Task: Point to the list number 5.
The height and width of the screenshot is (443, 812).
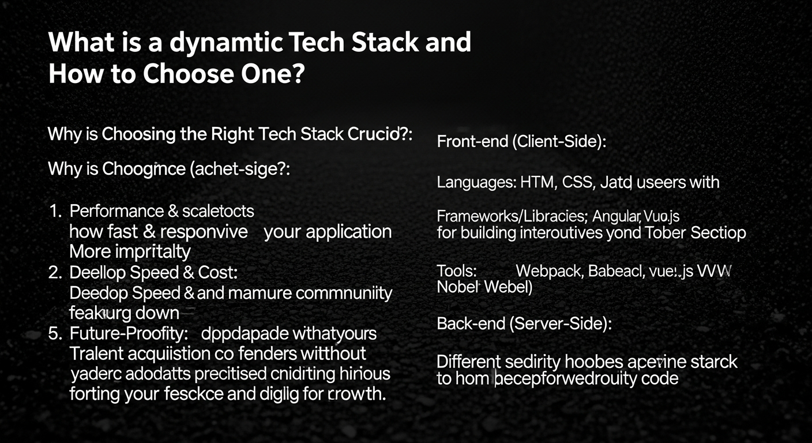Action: [55, 333]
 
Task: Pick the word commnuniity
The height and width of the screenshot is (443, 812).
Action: [344, 293]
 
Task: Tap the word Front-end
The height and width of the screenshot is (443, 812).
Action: [472, 142]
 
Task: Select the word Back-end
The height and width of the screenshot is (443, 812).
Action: [471, 324]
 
